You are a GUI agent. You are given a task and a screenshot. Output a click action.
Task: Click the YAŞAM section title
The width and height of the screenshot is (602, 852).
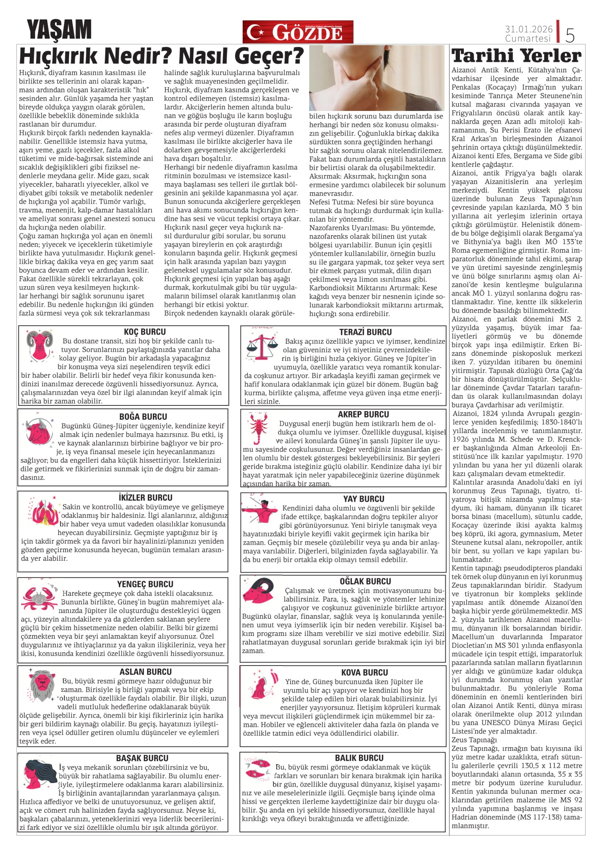coord(59,30)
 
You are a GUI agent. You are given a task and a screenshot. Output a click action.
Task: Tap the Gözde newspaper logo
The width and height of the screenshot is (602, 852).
coord(298,32)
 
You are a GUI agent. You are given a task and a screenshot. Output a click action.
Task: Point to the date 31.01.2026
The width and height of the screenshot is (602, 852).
coord(528,29)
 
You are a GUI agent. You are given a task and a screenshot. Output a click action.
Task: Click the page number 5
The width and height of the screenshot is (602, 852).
coord(570,35)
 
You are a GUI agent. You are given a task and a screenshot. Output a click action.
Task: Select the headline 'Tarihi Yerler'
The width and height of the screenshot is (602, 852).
coord(517,56)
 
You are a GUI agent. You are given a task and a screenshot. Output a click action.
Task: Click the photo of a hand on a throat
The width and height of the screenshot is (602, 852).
coord(376,78)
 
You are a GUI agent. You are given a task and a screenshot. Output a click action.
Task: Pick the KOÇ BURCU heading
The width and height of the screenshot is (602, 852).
coord(145,332)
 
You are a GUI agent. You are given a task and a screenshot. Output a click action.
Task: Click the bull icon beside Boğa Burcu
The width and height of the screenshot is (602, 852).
coord(39,430)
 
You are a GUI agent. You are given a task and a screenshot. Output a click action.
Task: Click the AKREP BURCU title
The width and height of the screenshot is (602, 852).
coord(363,415)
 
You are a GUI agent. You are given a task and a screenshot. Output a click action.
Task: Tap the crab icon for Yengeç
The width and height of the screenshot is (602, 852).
coord(39,598)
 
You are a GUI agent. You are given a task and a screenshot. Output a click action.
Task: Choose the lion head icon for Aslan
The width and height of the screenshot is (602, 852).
coord(42,685)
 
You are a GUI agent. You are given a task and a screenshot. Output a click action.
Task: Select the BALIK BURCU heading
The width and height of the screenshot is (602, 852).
coord(359,758)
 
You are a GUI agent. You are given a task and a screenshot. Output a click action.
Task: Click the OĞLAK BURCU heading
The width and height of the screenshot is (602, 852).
coord(365,582)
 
